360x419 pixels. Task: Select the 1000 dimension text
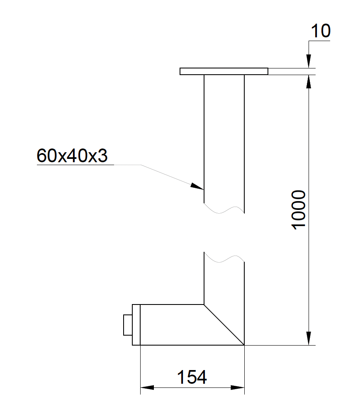coord(299,209)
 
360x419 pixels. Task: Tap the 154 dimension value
coord(192,378)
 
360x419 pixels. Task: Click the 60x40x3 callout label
coord(72,156)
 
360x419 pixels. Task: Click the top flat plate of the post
coord(224,71)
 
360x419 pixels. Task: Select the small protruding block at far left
coord(128,325)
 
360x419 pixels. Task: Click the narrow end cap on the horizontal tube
coord(136,325)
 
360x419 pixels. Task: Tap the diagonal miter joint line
coord(224,325)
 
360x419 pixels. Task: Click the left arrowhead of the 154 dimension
coord(147,387)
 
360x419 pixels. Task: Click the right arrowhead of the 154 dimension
coord(238,387)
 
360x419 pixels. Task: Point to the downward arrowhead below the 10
coord(309,61)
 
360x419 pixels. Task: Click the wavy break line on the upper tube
coord(224,209)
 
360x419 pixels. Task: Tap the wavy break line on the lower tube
coord(224,258)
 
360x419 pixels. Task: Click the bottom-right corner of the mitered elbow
coord(244,345)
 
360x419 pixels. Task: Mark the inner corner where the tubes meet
coord(204,305)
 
